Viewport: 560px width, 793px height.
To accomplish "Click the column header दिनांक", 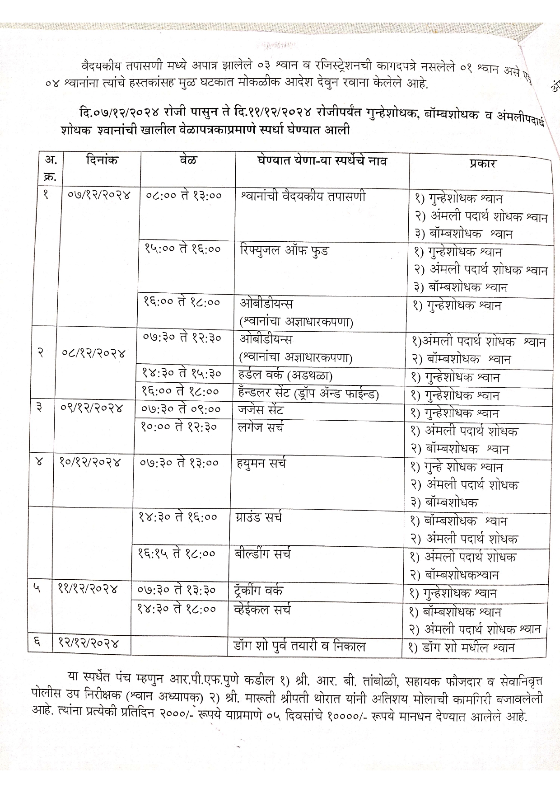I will (102, 160).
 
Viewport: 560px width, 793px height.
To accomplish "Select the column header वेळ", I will (187, 160).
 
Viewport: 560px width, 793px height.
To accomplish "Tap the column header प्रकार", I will (482, 163).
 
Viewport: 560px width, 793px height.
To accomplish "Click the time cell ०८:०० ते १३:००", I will (184, 196).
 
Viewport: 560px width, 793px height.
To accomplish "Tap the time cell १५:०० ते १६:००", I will (182, 249).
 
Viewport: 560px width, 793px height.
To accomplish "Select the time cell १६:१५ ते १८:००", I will (177, 554).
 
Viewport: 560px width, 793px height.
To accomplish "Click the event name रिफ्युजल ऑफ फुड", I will (285, 250).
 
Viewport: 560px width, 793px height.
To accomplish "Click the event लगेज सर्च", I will (261, 427).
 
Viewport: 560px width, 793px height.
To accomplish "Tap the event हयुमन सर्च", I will (261, 464).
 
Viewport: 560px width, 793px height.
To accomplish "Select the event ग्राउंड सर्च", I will (258, 518).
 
